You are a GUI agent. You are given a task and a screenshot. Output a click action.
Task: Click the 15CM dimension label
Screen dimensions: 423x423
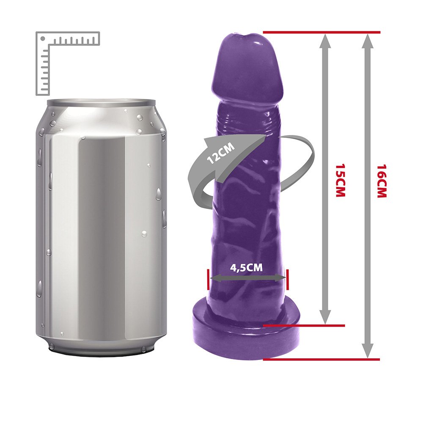(341, 180)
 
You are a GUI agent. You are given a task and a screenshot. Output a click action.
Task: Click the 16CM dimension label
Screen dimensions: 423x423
(382, 181)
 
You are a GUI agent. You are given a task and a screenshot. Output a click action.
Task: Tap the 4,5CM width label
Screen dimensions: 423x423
(246, 267)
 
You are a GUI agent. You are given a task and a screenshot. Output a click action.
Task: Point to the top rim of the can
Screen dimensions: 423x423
(101, 103)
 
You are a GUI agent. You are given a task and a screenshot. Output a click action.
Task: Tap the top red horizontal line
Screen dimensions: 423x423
(321, 33)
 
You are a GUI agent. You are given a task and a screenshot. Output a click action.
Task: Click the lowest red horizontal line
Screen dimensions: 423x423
(321, 359)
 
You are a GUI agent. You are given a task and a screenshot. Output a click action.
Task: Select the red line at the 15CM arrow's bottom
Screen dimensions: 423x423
(304, 326)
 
